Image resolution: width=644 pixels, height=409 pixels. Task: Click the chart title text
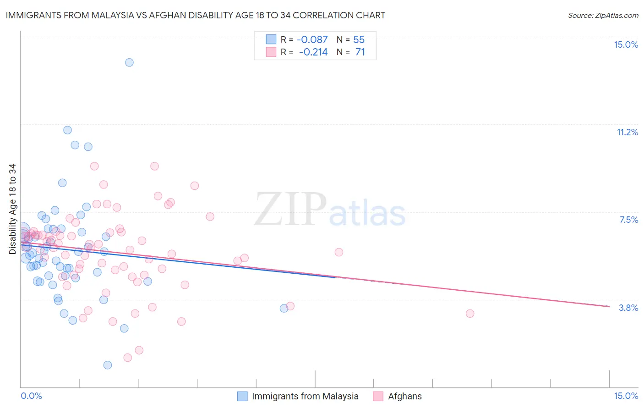pyautogui.click(x=196, y=15)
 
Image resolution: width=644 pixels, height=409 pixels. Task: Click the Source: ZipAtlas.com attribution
pyautogui.click(x=603, y=16)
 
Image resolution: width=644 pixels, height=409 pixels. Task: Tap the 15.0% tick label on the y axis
pyautogui.click(x=626, y=44)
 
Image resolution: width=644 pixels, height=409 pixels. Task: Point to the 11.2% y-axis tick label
pyautogui.click(x=627, y=132)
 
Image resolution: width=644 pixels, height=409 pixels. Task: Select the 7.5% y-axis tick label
pyautogui.click(x=628, y=220)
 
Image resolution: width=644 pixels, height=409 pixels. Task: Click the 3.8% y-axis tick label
pyautogui.click(x=628, y=308)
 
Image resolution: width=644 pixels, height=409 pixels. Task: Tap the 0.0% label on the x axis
pyautogui.click(x=31, y=396)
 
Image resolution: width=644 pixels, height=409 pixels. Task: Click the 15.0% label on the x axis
pyautogui.click(x=626, y=396)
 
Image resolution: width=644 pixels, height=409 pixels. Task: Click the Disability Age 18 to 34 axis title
pyautogui.click(x=12, y=209)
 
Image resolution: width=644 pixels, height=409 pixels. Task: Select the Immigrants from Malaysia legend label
pyautogui.click(x=305, y=396)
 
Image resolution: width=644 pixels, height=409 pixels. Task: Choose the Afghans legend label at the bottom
pyautogui.click(x=405, y=396)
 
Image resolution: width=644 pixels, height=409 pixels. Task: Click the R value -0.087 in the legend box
pyautogui.click(x=312, y=40)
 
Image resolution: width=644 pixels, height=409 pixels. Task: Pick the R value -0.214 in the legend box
pyautogui.click(x=313, y=52)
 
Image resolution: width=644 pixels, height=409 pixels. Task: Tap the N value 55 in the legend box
pyautogui.click(x=359, y=40)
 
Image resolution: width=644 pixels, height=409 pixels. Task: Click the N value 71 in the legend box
pyautogui.click(x=360, y=52)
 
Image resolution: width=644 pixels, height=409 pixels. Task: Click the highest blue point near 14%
pyautogui.click(x=129, y=62)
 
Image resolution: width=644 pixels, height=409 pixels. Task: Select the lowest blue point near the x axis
pyautogui.click(x=108, y=365)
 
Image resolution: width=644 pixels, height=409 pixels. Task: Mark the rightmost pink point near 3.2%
pyautogui.click(x=470, y=314)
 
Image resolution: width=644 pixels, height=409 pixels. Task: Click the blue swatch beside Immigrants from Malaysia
pyautogui.click(x=242, y=396)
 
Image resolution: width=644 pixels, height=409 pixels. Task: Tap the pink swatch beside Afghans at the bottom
pyautogui.click(x=378, y=396)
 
